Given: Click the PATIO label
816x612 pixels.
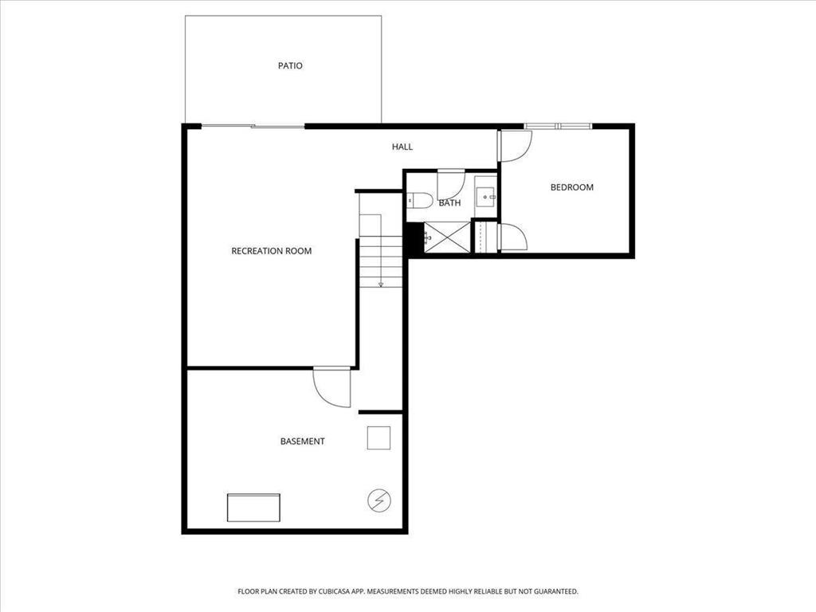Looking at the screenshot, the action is (x=290, y=65).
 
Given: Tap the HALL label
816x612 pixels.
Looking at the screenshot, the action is (x=402, y=147).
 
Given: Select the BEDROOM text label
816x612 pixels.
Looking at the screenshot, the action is (x=572, y=187).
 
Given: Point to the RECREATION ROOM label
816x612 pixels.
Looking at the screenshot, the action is (x=271, y=251).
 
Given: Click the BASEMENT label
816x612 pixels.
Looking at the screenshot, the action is (x=302, y=441).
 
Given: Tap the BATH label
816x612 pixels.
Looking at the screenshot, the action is (x=449, y=203).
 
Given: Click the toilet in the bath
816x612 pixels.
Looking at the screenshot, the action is (x=419, y=200).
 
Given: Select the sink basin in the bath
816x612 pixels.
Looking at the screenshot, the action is (x=486, y=197).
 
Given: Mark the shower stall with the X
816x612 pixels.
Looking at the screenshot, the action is (x=447, y=237).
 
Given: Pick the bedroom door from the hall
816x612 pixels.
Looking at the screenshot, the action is (x=515, y=147).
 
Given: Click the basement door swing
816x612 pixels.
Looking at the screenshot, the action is (x=331, y=387).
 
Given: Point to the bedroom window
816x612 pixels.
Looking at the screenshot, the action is (x=558, y=126).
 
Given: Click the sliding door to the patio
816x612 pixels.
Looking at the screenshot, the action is (x=253, y=126).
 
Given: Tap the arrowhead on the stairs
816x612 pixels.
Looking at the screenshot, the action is (x=381, y=284).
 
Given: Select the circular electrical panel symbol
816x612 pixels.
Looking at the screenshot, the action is (x=379, y=500).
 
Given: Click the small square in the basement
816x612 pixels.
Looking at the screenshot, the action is (x=379, y=437).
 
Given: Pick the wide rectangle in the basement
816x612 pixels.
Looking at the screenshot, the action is (x=253, y=508).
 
